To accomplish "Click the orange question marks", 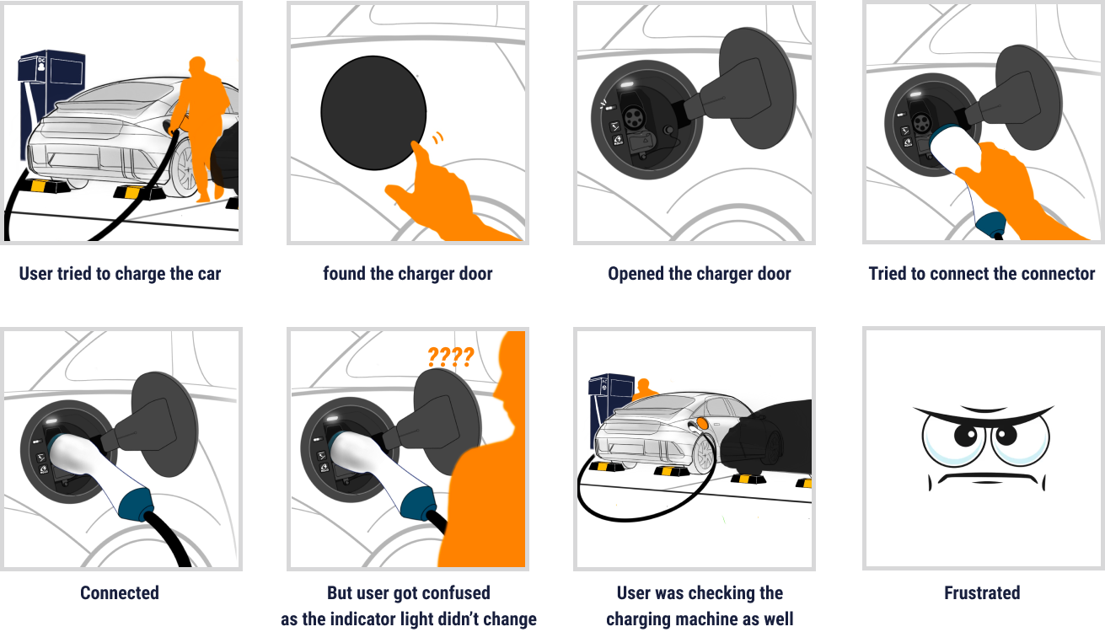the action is (x=450, y=356).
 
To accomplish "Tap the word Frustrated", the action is (x=982, y=592).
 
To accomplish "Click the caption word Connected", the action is (x=120, y=592).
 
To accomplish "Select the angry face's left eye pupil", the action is (x=966, y=435).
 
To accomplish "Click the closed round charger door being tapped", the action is (x=373, y=112).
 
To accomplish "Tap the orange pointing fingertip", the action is (x=415, y=145).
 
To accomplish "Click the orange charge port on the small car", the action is (x=702, y=423).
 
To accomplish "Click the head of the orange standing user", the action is (x=197, y=65).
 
